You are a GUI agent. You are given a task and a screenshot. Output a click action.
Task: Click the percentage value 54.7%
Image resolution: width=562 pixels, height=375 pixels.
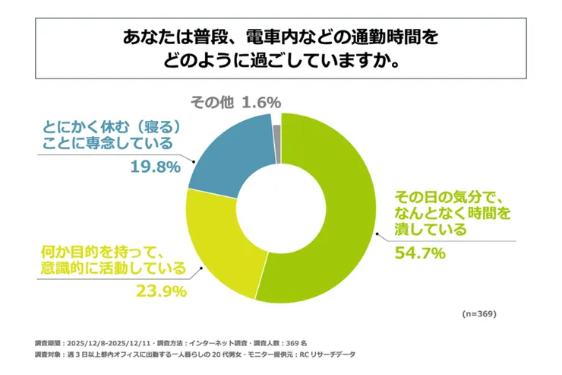[x=418, y=253]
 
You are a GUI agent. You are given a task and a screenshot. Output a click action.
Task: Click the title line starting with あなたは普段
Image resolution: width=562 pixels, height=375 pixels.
[x=281, y=36]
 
